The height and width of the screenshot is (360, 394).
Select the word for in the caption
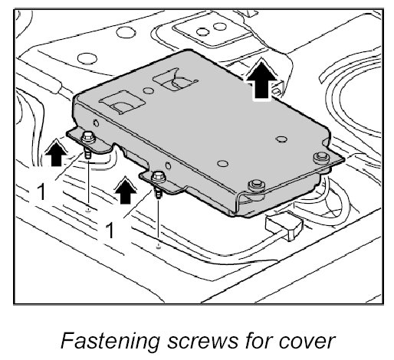pyautogui.click(x=258, y=341)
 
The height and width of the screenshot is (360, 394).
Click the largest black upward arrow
pyautogui.click(x=261, y=79)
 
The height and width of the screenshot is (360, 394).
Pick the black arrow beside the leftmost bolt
pyautogui.click(x=57, y=152)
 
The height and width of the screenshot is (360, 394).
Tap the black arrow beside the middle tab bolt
pyautogui.click(x=125, y=190)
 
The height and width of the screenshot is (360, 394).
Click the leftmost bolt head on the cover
pyautogui.click(x=88, y=137)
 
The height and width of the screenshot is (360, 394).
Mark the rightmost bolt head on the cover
pyautogui.click(x=321, y=157)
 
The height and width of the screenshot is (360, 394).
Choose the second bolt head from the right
pyautogui.click(x=256, y=185)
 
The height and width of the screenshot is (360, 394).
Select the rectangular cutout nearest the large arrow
pyautogui.click(x=176, y=80)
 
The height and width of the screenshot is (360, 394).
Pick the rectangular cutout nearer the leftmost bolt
pyautogui.click(x=122, y=102)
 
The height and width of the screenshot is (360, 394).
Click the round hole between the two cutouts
pyautogui.click(x=148, y=90)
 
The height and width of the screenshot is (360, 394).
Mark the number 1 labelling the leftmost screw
pyautogui.click(x=41, y=191)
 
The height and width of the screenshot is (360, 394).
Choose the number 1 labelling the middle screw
pyautogui.click(x=110, y=230)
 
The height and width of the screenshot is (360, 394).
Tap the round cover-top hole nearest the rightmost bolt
pyautogui.click(x=281, y=139)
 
